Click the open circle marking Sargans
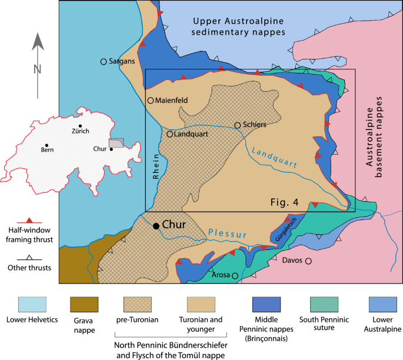coord(104,61)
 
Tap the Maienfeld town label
coord(172,101)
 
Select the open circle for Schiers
coord(238,125)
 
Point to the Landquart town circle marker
coord(169,134)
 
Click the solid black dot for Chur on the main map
coord(156,226)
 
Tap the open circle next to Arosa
coord(235,275)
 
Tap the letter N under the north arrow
coord(38,69)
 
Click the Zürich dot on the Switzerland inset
coord(80,126)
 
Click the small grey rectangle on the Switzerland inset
coord(116,144)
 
